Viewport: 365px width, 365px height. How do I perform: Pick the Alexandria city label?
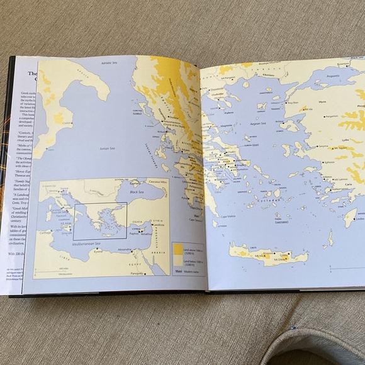[125, 249]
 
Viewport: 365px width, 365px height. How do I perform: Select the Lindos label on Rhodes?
[359, 219]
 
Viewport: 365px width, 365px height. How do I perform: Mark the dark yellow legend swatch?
[178, 247]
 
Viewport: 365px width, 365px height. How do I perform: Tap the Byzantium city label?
[343, 64]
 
